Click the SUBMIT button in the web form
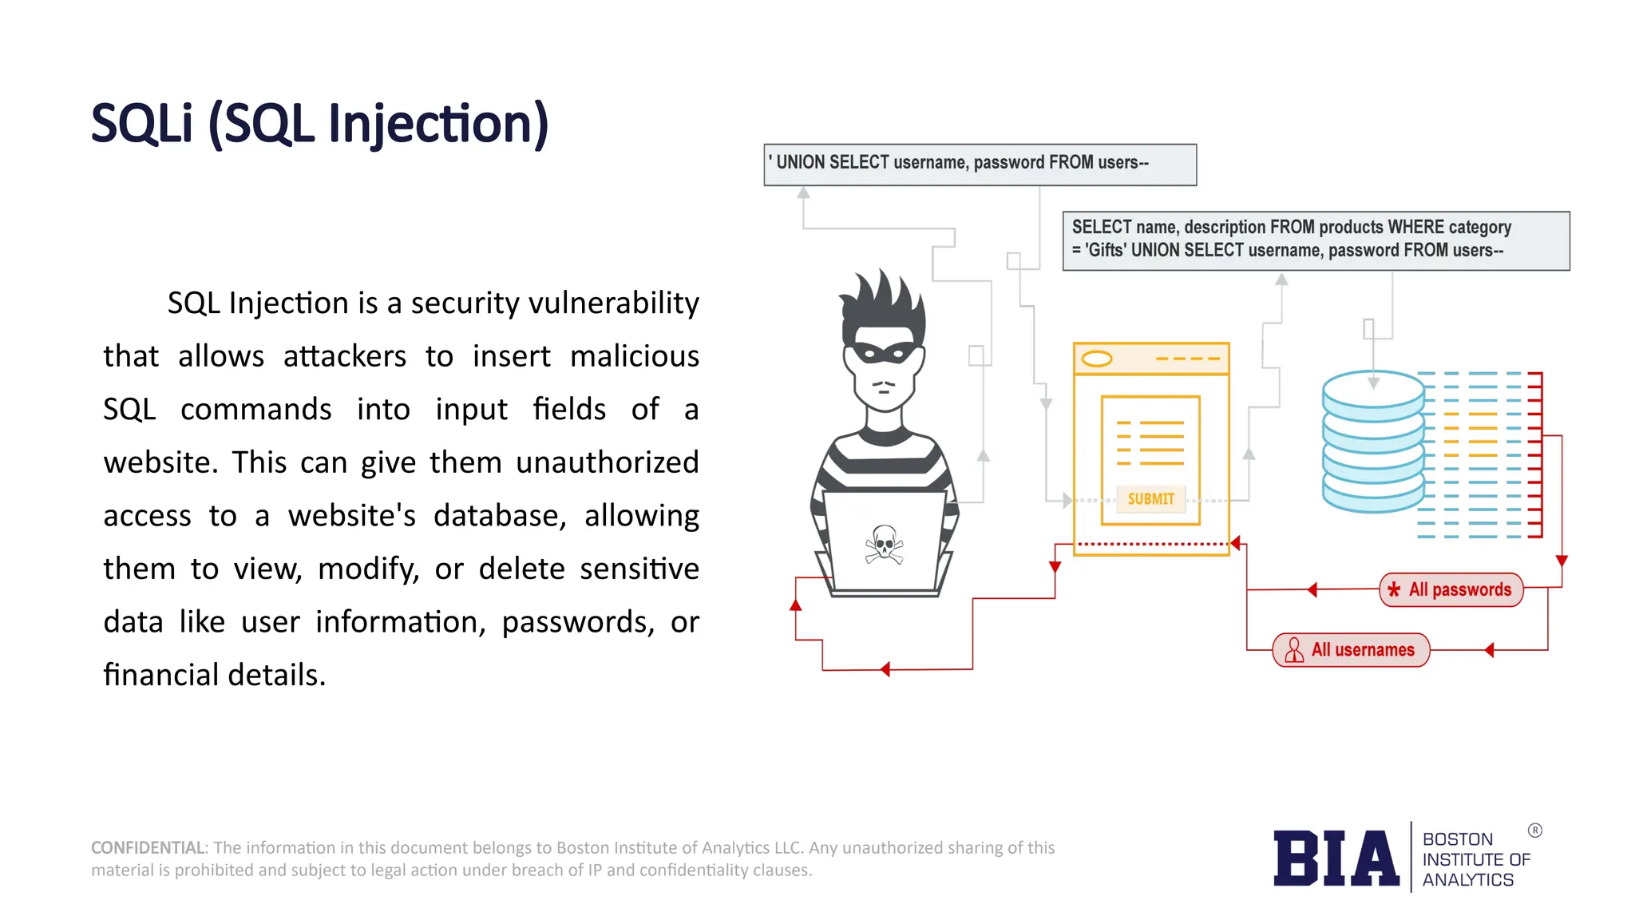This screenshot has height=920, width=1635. click(1150, 499)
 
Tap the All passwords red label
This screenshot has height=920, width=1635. click(1451, 590)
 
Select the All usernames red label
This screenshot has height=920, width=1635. click(1351, 650)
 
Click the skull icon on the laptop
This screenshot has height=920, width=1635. click(884, 545)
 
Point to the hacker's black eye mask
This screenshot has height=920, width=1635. click(883, 352)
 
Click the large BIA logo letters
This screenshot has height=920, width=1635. click(1336, 859)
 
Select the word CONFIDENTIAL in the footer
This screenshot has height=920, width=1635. click(148, 848)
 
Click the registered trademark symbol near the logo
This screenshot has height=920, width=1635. click(1534, 831)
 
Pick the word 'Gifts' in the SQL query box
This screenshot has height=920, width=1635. click(1106, 251)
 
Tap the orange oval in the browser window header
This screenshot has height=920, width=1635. click(1097, 359)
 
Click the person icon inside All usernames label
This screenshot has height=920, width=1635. click(1294, 650)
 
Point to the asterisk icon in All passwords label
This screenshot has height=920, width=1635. click(1394, 590)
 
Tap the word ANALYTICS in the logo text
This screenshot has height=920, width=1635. click(1467, 880)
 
